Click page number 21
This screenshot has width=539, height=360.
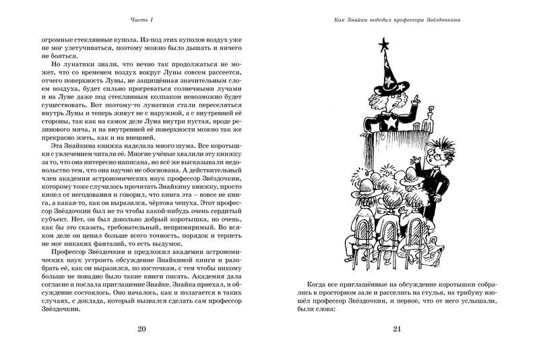click(396, 329)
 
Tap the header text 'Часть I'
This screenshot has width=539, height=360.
click(141, 20)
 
